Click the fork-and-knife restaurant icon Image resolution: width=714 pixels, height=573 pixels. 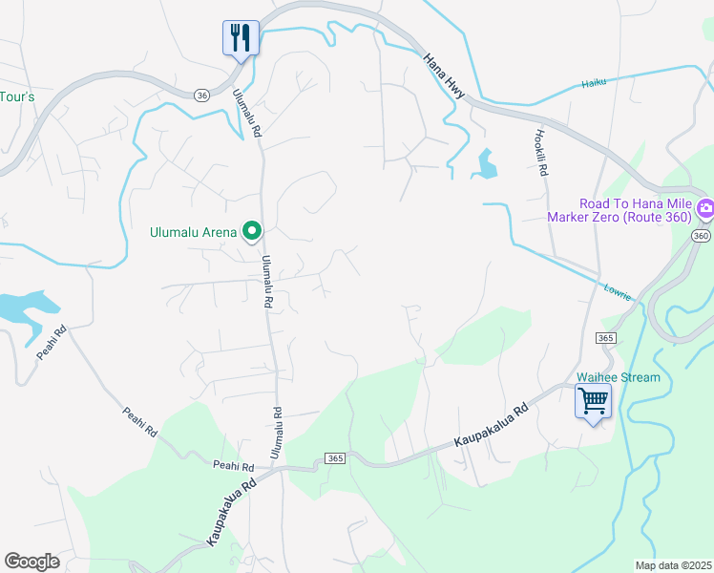(241, 38)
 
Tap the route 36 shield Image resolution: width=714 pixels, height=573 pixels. (200, 95)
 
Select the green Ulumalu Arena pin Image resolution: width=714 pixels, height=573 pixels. (253, 230)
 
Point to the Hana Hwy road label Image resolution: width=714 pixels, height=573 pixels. (446, 74)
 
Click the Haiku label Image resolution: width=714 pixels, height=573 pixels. (595, 84)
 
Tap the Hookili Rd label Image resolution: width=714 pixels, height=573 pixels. (540, 153)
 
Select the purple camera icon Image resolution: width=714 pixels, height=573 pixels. (705, 207)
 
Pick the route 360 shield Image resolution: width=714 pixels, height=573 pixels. (702, 236)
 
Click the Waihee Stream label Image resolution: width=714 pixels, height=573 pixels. (618, 377)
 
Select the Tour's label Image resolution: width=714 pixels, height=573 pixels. (17, 96)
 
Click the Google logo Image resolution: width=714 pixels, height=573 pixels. (31, 561)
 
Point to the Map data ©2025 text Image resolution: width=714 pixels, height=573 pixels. (672, 565)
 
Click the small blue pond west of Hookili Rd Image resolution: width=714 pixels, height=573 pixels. (486, 165)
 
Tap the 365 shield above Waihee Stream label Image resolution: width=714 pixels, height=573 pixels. (605, 338)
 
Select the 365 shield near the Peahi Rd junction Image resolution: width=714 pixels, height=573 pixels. (334, 458)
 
